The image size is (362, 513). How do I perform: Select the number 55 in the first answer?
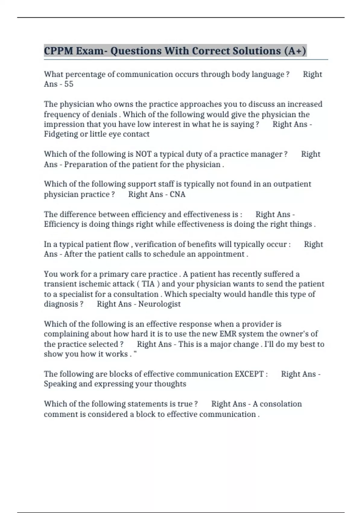coord(69,84)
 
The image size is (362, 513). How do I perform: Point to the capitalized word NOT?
coord(143,154)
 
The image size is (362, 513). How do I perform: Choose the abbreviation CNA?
coord(177,194)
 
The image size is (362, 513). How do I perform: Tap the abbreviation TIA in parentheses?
coord(148,284)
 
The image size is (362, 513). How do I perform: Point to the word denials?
coord(104,114)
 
